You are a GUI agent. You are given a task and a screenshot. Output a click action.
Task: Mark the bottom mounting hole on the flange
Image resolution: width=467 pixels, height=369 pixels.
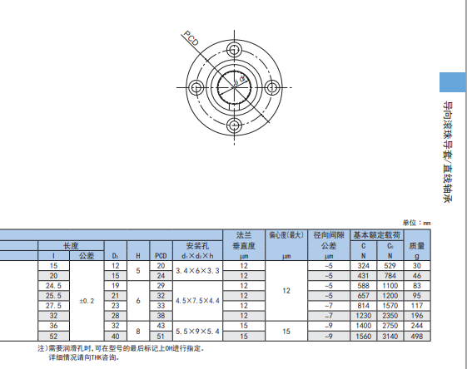(x=236, y=125)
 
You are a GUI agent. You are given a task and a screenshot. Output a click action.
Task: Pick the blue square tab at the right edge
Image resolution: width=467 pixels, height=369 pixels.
(x=452, y=83)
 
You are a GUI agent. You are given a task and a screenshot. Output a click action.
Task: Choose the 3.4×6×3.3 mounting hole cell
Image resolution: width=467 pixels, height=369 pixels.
(x=196, y=270)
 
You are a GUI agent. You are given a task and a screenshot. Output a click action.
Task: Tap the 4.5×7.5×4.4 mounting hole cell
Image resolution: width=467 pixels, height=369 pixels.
(x=196, y=300)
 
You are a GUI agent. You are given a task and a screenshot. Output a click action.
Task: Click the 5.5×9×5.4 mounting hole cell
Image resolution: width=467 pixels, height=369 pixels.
(x=196, y=331)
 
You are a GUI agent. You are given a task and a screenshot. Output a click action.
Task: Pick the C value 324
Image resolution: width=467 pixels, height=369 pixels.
(x=363, y=265)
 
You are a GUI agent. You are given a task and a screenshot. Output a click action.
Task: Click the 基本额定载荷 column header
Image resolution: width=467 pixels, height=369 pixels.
(x=375, y=235)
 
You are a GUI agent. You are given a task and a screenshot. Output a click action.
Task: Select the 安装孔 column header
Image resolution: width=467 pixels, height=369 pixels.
(x=196, y=245)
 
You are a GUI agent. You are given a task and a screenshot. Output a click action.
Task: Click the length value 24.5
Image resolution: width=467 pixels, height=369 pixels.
(x=54, y=285)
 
